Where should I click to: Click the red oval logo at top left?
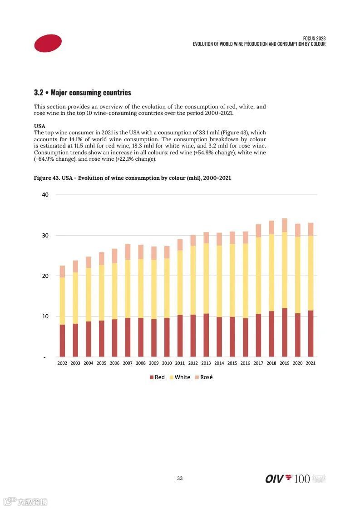(48, 43)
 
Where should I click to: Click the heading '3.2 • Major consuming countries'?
(82, 93)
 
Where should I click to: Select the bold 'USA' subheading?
(39, 126)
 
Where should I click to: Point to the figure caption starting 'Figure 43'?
(132, 178)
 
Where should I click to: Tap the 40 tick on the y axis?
(45, 195)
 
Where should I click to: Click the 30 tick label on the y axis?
(45, 235)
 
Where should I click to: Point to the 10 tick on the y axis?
(45, 316)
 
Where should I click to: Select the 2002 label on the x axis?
(62, 363)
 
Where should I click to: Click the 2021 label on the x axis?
(311, 363)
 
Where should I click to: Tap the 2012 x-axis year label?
(193, 363)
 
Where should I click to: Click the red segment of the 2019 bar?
(285, 333)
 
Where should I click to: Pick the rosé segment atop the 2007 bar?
(128, 252)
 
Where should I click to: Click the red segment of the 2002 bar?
(62, 341)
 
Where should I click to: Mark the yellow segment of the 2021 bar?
(311, 273)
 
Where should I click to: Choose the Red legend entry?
(157, 377)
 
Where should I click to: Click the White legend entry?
(180, 377)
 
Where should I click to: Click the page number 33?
(180, 478)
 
